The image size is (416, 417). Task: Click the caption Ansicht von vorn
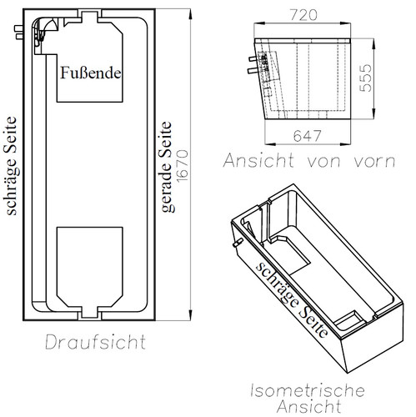coord(309,161)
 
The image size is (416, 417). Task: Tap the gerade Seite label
coord(168,177)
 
